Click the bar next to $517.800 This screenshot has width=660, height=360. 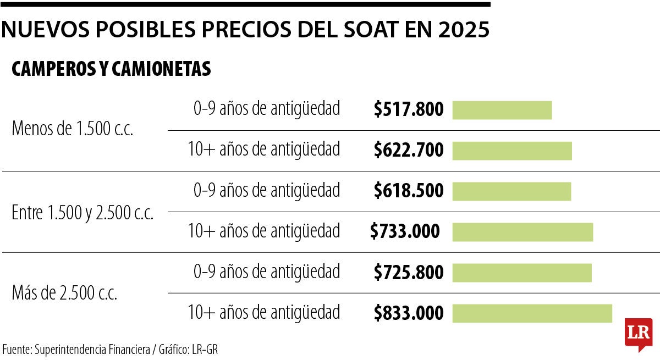[x=502, y=110]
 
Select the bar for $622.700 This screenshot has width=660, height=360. [x=512, y=151]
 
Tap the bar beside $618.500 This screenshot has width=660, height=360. [x=512, y=191]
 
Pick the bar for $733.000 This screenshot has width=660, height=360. [x=522, y=232]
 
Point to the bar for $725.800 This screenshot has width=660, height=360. [x=522, y=273]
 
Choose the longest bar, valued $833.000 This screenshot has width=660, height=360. [x=532, y=313]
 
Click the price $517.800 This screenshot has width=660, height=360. [x=409, y=110]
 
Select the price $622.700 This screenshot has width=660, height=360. [x=409, y=150]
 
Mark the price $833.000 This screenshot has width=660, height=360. [x=409, y=313]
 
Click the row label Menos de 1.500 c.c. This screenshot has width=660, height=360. [x=73, y=130]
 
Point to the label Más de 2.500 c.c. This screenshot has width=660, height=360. [x=64, y=293]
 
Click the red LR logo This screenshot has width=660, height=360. [x=638, y=333]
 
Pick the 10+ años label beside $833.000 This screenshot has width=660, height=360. [x=264, y=313]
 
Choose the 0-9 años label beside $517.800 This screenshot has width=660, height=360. [x=267, y=109]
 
